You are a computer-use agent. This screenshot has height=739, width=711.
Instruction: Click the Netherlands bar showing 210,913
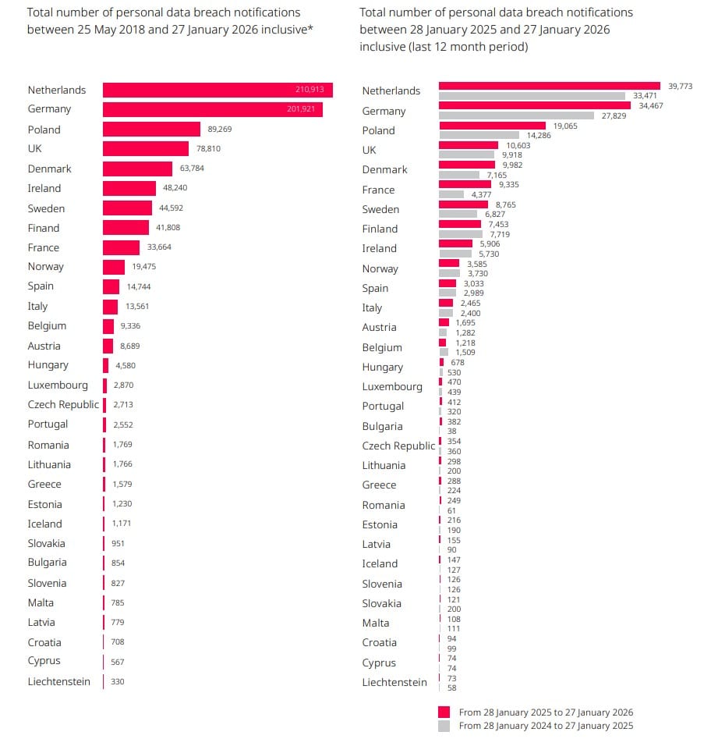pyautogui.click(x=218, y=91)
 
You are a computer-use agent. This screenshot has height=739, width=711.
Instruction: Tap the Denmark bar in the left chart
pyautogui.click(x=137, y=169)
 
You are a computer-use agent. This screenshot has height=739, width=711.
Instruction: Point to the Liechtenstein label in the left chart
pyautogui.click(x=58, y=682)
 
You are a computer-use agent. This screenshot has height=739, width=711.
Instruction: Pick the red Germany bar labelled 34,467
pyautogui.click(x=535, y=105)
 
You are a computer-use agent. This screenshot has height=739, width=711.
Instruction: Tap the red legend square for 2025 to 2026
pyautogui.click(x=444, y=712)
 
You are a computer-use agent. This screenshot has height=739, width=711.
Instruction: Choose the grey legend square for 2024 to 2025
pyautogui.click(x=444, y=726)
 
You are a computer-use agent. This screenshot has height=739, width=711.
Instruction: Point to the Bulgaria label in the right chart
pyautogui.click(x=382, y=426)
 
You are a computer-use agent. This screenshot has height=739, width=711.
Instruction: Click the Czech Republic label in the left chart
pyautogui.click(x=63, y=404)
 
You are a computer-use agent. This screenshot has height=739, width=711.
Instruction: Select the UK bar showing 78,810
pyautogui.click(x=146, y=149)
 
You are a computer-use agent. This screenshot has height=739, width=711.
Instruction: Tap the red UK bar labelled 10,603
pyautogui.click(x=469, y=145)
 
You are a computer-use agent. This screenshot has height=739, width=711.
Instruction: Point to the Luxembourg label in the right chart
pyautogui.click(x=392, y=386)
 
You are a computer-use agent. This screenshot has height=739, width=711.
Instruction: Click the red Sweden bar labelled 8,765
pyautogui.click(x=463, y=204)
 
